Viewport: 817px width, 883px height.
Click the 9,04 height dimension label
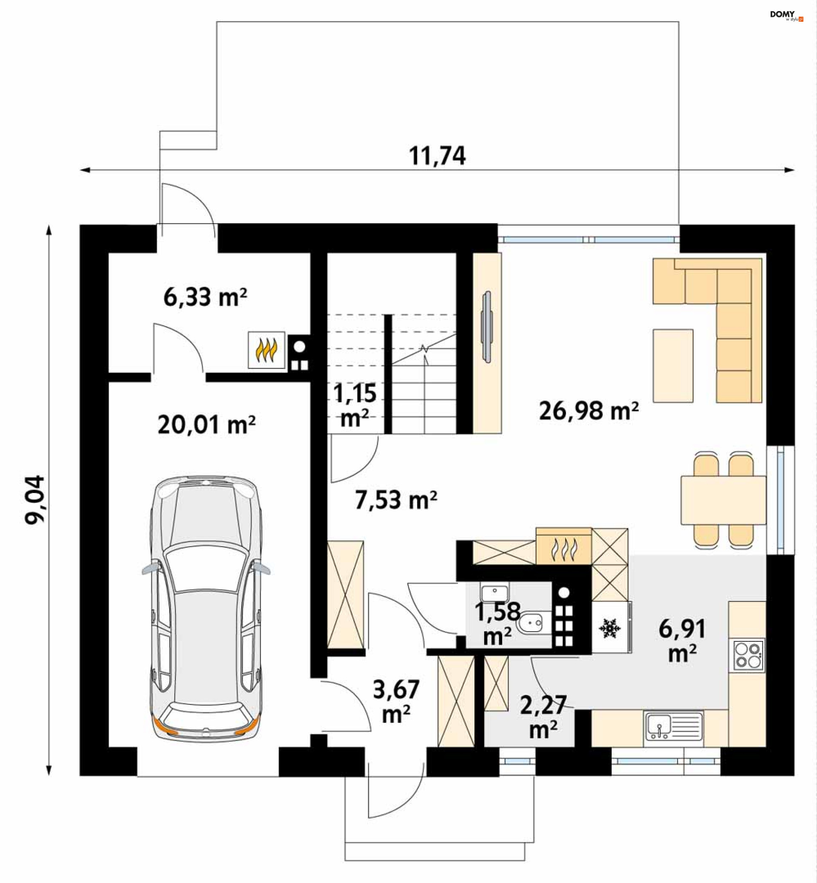click(x=34, y=500)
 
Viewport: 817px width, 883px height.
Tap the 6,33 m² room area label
click(x=205, y=296)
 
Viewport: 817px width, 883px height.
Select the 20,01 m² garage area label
click(x=206, y=425)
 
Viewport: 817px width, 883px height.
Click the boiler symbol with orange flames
click(x=266, y=350)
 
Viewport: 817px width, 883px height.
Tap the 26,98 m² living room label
click(x=588, y=411)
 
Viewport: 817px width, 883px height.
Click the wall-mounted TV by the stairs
click(x=487, y=327)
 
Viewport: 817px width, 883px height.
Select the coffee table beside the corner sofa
click(x=673, y=366)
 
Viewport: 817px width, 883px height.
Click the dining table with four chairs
click(x=723, y=500)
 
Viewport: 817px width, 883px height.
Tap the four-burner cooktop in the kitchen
click(x=748, y=655)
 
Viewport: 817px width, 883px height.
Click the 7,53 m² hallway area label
click(x=396, y=500)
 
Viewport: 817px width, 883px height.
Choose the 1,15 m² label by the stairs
click(x=355, y=405)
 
